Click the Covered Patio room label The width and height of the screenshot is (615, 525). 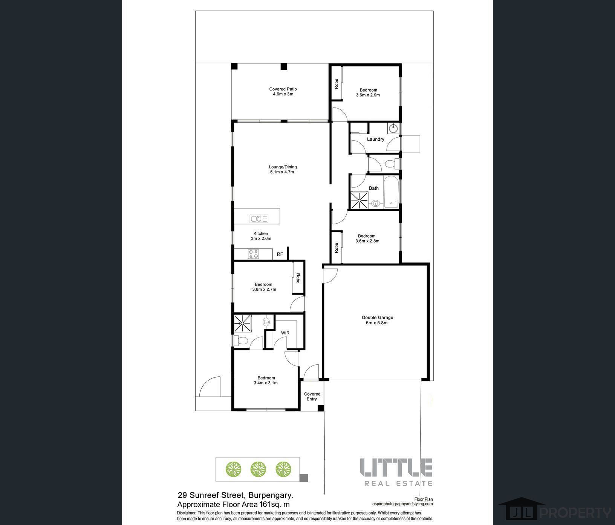point(283,89)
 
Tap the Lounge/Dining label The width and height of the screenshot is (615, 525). point(283,167)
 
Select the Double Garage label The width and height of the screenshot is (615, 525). point(377,318)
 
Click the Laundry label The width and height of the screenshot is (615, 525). point(375,139)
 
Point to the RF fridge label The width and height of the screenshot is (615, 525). point(280,254)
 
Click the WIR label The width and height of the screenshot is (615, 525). point(285,333)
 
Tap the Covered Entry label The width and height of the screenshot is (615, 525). point(312,396)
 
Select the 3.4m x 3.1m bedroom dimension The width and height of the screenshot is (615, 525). point(266,383)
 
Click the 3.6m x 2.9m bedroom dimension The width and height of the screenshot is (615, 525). point(368,95)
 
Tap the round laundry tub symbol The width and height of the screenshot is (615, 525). point(393,128)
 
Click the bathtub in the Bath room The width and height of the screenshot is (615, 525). point(391,192)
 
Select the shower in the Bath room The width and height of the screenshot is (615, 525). point(359,200)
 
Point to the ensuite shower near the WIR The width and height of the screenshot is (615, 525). point(242,323)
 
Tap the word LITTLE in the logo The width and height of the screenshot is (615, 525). point(396,467)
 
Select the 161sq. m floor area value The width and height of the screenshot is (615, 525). point(274,504)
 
